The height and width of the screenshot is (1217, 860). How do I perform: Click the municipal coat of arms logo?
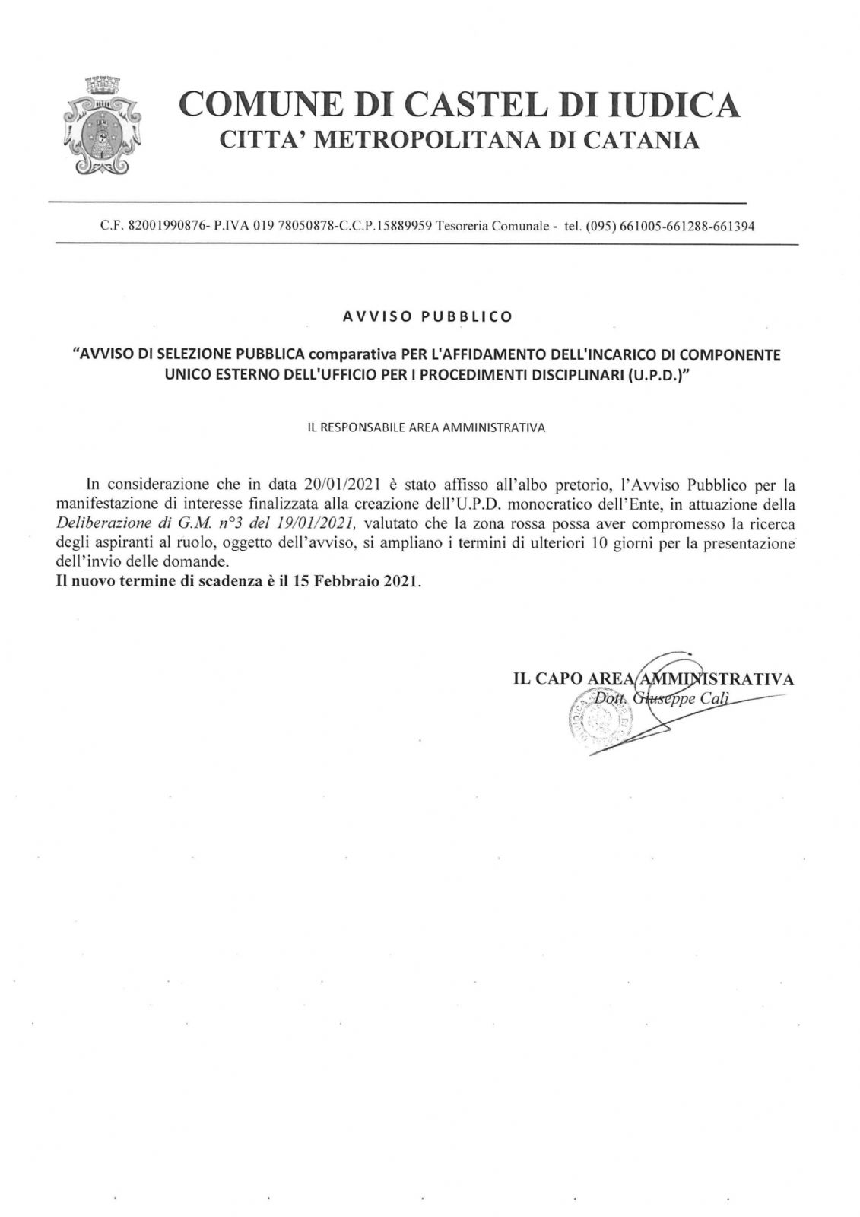coord(102,125)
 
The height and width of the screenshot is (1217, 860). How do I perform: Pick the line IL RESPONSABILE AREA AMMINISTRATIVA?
coord(426,427)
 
